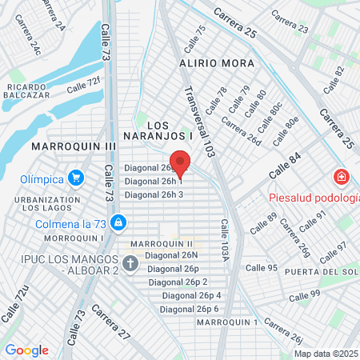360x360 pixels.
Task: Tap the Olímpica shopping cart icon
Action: [x=76, y=178]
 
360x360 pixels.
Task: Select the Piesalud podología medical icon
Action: [x=341, y=177]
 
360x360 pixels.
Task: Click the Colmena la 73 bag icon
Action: [x=118, y=222]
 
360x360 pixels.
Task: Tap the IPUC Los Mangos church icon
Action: [x=130, y=262]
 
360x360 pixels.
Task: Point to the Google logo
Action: [x=26, y=350]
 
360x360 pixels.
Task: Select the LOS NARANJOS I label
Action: [x=159, y=130]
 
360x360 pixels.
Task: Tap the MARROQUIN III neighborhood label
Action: [x=74, y=147]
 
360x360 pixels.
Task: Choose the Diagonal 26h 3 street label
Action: [x=154, y=194]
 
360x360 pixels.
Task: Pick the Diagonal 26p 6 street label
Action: [x=190, y=309]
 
